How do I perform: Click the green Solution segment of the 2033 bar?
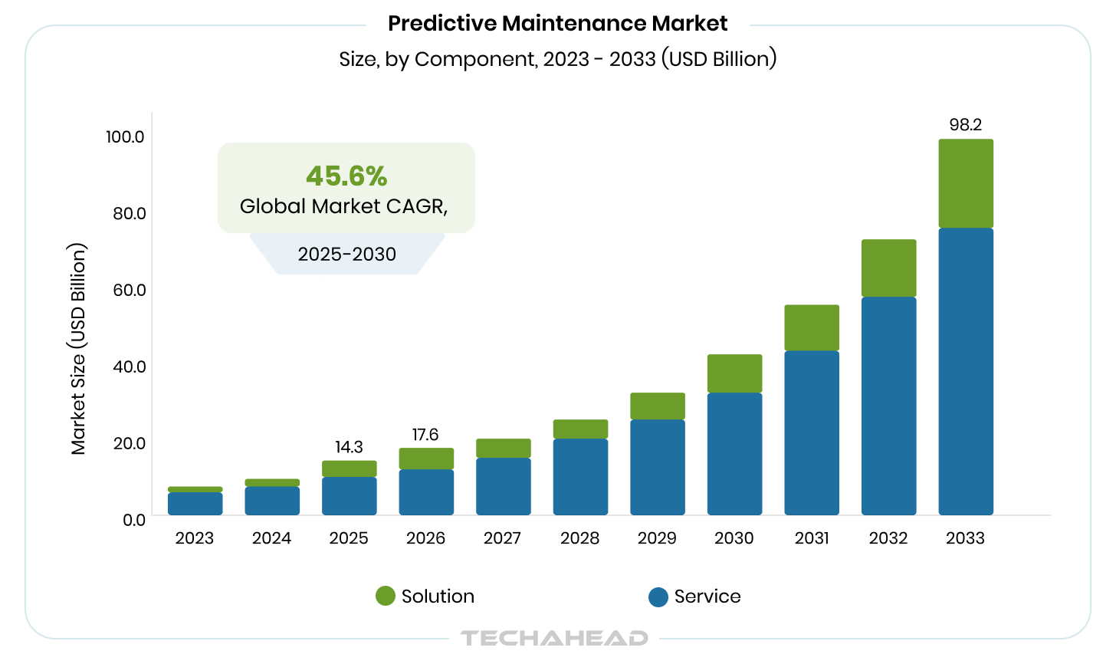click(966, 183)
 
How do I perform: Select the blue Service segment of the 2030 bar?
click(734, 453)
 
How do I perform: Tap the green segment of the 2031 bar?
click(812, 327)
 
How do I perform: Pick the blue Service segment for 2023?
click(195, 503)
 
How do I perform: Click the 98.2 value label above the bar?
click(966, 125)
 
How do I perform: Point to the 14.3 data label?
click(349, 447)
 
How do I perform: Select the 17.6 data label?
click(425, 435)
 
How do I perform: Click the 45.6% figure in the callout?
click(346, 176)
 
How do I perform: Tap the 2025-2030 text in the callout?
click(346, 255)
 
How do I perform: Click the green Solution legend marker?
click(386, 597)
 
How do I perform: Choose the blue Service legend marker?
click(658, 597)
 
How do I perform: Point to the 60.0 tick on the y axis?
click(129, 290)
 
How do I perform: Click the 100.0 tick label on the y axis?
click(125, 136)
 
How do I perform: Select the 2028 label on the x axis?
click(579, 538)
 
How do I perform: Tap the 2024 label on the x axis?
click(271, 538)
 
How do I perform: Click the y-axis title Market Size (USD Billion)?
click(78, 349)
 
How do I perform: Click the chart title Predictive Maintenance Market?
click(557, 23)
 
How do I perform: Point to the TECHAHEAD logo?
click(554, 638)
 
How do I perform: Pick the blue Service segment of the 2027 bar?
click(503, 486)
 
